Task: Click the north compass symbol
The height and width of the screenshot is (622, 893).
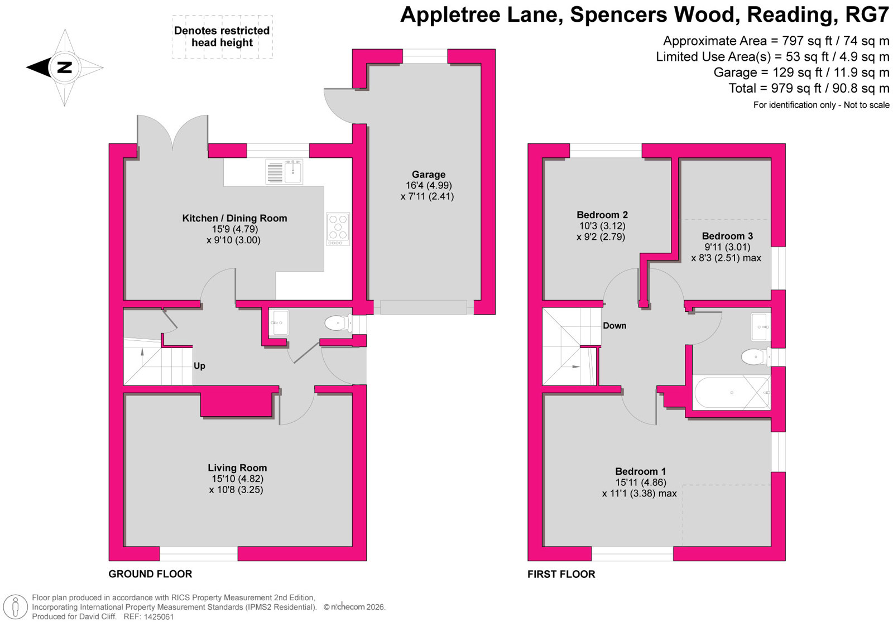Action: coord(65,67)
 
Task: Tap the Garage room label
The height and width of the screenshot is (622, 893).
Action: coord(429,174)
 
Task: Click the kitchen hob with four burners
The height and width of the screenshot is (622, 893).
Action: coord(338,229)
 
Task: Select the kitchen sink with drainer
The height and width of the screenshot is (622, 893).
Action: coord(284,172)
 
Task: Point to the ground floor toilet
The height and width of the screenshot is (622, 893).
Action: coord(338,323)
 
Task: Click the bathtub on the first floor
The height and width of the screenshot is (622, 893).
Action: coord(732,393)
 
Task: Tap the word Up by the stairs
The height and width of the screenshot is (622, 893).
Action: coord(199,366)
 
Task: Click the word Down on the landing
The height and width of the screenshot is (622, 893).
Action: coord(614,326)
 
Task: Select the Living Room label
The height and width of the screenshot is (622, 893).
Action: coord(237,467)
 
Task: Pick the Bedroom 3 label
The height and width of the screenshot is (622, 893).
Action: coord(727,236)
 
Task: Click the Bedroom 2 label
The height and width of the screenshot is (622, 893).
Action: coord(602,215)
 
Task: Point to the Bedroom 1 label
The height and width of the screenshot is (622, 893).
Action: coord(640,471)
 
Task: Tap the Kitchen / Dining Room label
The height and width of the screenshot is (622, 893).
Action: coord(234,218)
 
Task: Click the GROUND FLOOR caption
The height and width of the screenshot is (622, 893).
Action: coord(150,574)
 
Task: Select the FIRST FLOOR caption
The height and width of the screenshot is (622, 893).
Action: coord(561,574)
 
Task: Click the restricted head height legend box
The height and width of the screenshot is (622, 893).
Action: coord(223,37)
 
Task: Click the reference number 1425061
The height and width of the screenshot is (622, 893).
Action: coord(159,616)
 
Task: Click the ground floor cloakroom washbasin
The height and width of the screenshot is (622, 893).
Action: coord(280,322)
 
